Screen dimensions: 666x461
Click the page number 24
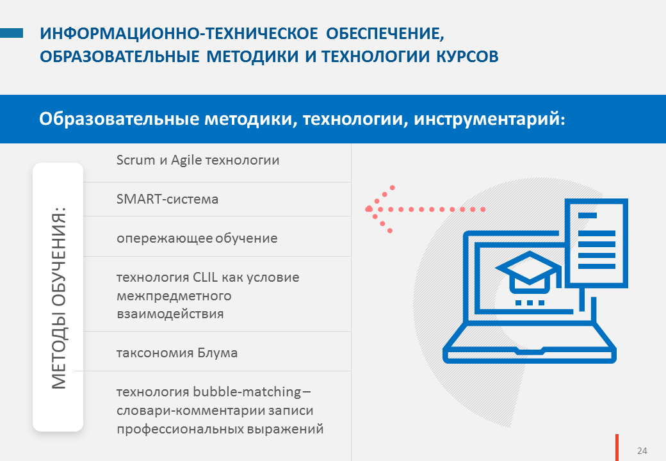[x=642, y=451]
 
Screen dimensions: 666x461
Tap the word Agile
[x=186, y=161]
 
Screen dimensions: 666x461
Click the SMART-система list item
[x=167, y=198]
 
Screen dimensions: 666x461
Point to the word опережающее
[x=165, y=239]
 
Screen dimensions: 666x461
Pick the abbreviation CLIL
[x=205, y=277]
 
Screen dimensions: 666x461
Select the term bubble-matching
[x=247, y=391]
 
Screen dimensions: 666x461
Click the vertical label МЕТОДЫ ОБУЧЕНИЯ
[x=59, y=298]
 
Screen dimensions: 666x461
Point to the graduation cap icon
[x=529, y=272]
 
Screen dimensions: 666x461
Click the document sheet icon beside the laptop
[x=596, y=243]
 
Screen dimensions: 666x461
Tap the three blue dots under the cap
[x=530, y=303]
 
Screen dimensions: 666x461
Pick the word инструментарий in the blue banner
[x=489, y=119]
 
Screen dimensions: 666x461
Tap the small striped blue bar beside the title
[x=12, y=33]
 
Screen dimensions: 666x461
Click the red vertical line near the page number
[x=617, y=448]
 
